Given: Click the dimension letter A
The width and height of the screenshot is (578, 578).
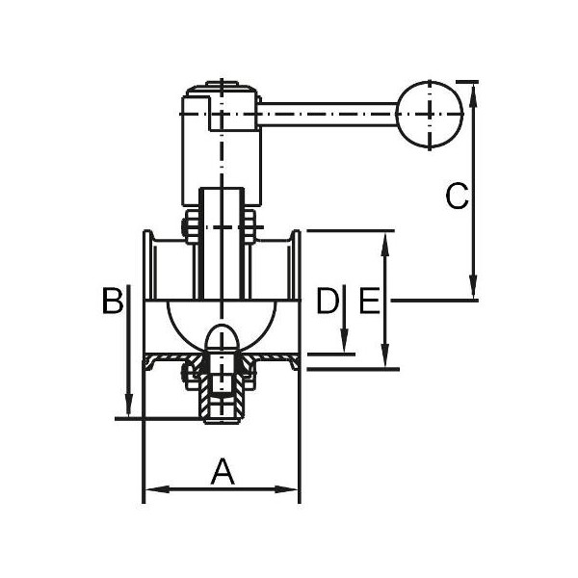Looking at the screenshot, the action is click(x=223, y=471).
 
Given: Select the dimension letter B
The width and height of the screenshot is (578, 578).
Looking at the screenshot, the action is click(x=113, y=300).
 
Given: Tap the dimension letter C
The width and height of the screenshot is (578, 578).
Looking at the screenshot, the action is click(x=457, y=196).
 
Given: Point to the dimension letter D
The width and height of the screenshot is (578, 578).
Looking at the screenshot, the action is click(x=328, y=300).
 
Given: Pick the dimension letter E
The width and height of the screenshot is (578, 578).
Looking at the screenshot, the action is click(x=369, y=300).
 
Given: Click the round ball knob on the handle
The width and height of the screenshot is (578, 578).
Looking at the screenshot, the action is click(x=430, y=115).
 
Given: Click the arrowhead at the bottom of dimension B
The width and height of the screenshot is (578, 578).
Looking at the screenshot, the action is click(x=128, y=406).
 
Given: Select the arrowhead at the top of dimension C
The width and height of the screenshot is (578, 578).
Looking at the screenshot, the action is click(x=474, y=95).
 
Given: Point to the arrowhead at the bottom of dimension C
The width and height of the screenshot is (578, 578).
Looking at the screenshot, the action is click(x=474, y=287).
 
